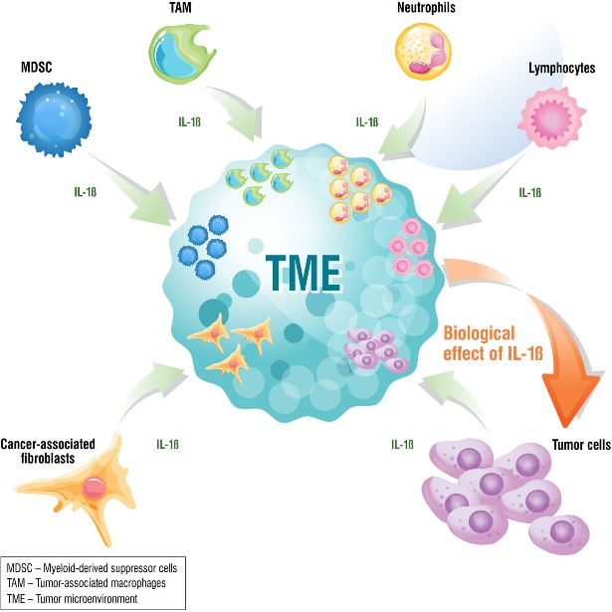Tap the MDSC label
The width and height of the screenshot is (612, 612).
pyautogui.click(x=39, y=69)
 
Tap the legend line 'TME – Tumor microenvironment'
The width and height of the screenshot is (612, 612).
pyautogui.click(x=75, y=598)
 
